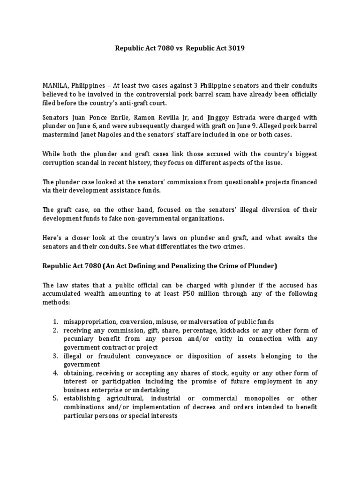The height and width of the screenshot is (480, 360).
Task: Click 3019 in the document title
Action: click(x=235, y=48)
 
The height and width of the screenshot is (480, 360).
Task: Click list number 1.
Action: click(x=55, y=321)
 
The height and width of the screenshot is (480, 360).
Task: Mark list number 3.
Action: click(x=55, y=356)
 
